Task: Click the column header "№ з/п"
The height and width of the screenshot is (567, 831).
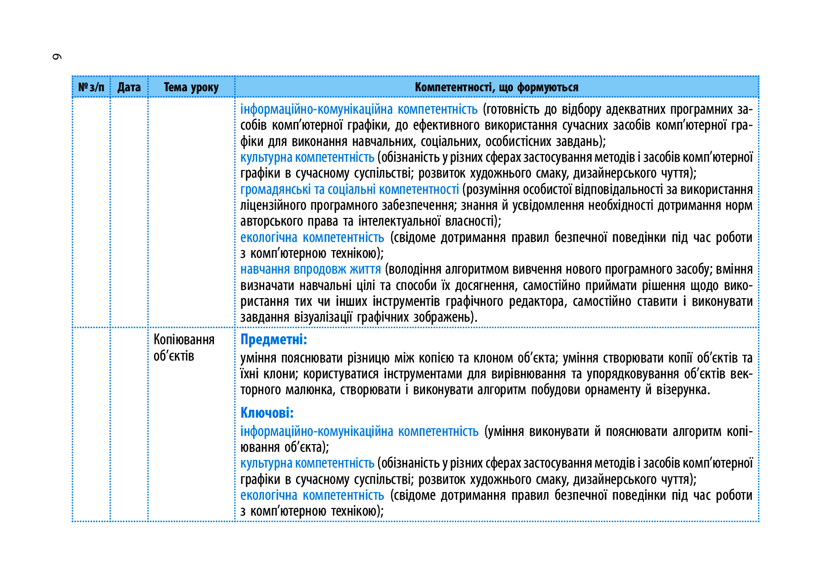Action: click(91, 87)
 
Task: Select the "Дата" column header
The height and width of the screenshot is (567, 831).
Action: click(129, 87)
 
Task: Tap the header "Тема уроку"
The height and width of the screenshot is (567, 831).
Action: click(191, 87)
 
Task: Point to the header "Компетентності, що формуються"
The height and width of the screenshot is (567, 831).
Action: click(497, 87)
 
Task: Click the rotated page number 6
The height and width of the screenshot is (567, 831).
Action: click(57, 57)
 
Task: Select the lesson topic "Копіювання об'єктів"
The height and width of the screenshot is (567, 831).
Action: click(184, 348)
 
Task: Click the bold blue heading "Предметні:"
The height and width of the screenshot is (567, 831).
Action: click(273, 339)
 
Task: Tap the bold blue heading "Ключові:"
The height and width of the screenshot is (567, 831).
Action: click(267, 413)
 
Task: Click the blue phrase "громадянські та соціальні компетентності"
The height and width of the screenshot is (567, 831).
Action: click(349, 190)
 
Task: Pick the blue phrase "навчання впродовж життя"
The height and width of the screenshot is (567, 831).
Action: click(310, 269)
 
